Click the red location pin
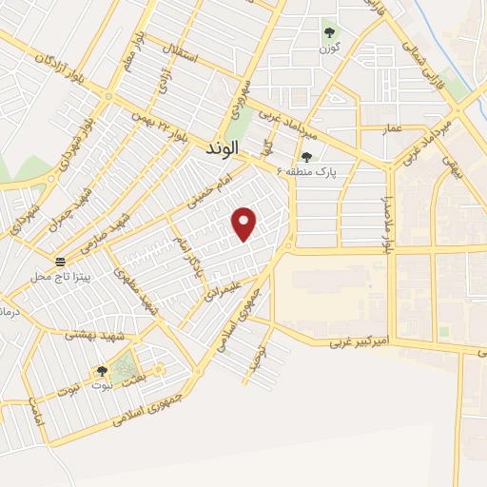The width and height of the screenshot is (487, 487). point(245,224)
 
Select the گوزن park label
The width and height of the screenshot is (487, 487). point(329,48)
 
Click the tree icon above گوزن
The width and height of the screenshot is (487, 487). point(329,33)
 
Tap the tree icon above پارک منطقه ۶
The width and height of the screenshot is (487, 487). point(306,157)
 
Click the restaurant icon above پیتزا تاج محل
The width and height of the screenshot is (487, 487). point(61,262)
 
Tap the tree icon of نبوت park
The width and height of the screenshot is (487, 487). point(102,372)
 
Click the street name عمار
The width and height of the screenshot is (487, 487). point(393,127)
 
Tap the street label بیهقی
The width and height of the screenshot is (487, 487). point(448,172)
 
